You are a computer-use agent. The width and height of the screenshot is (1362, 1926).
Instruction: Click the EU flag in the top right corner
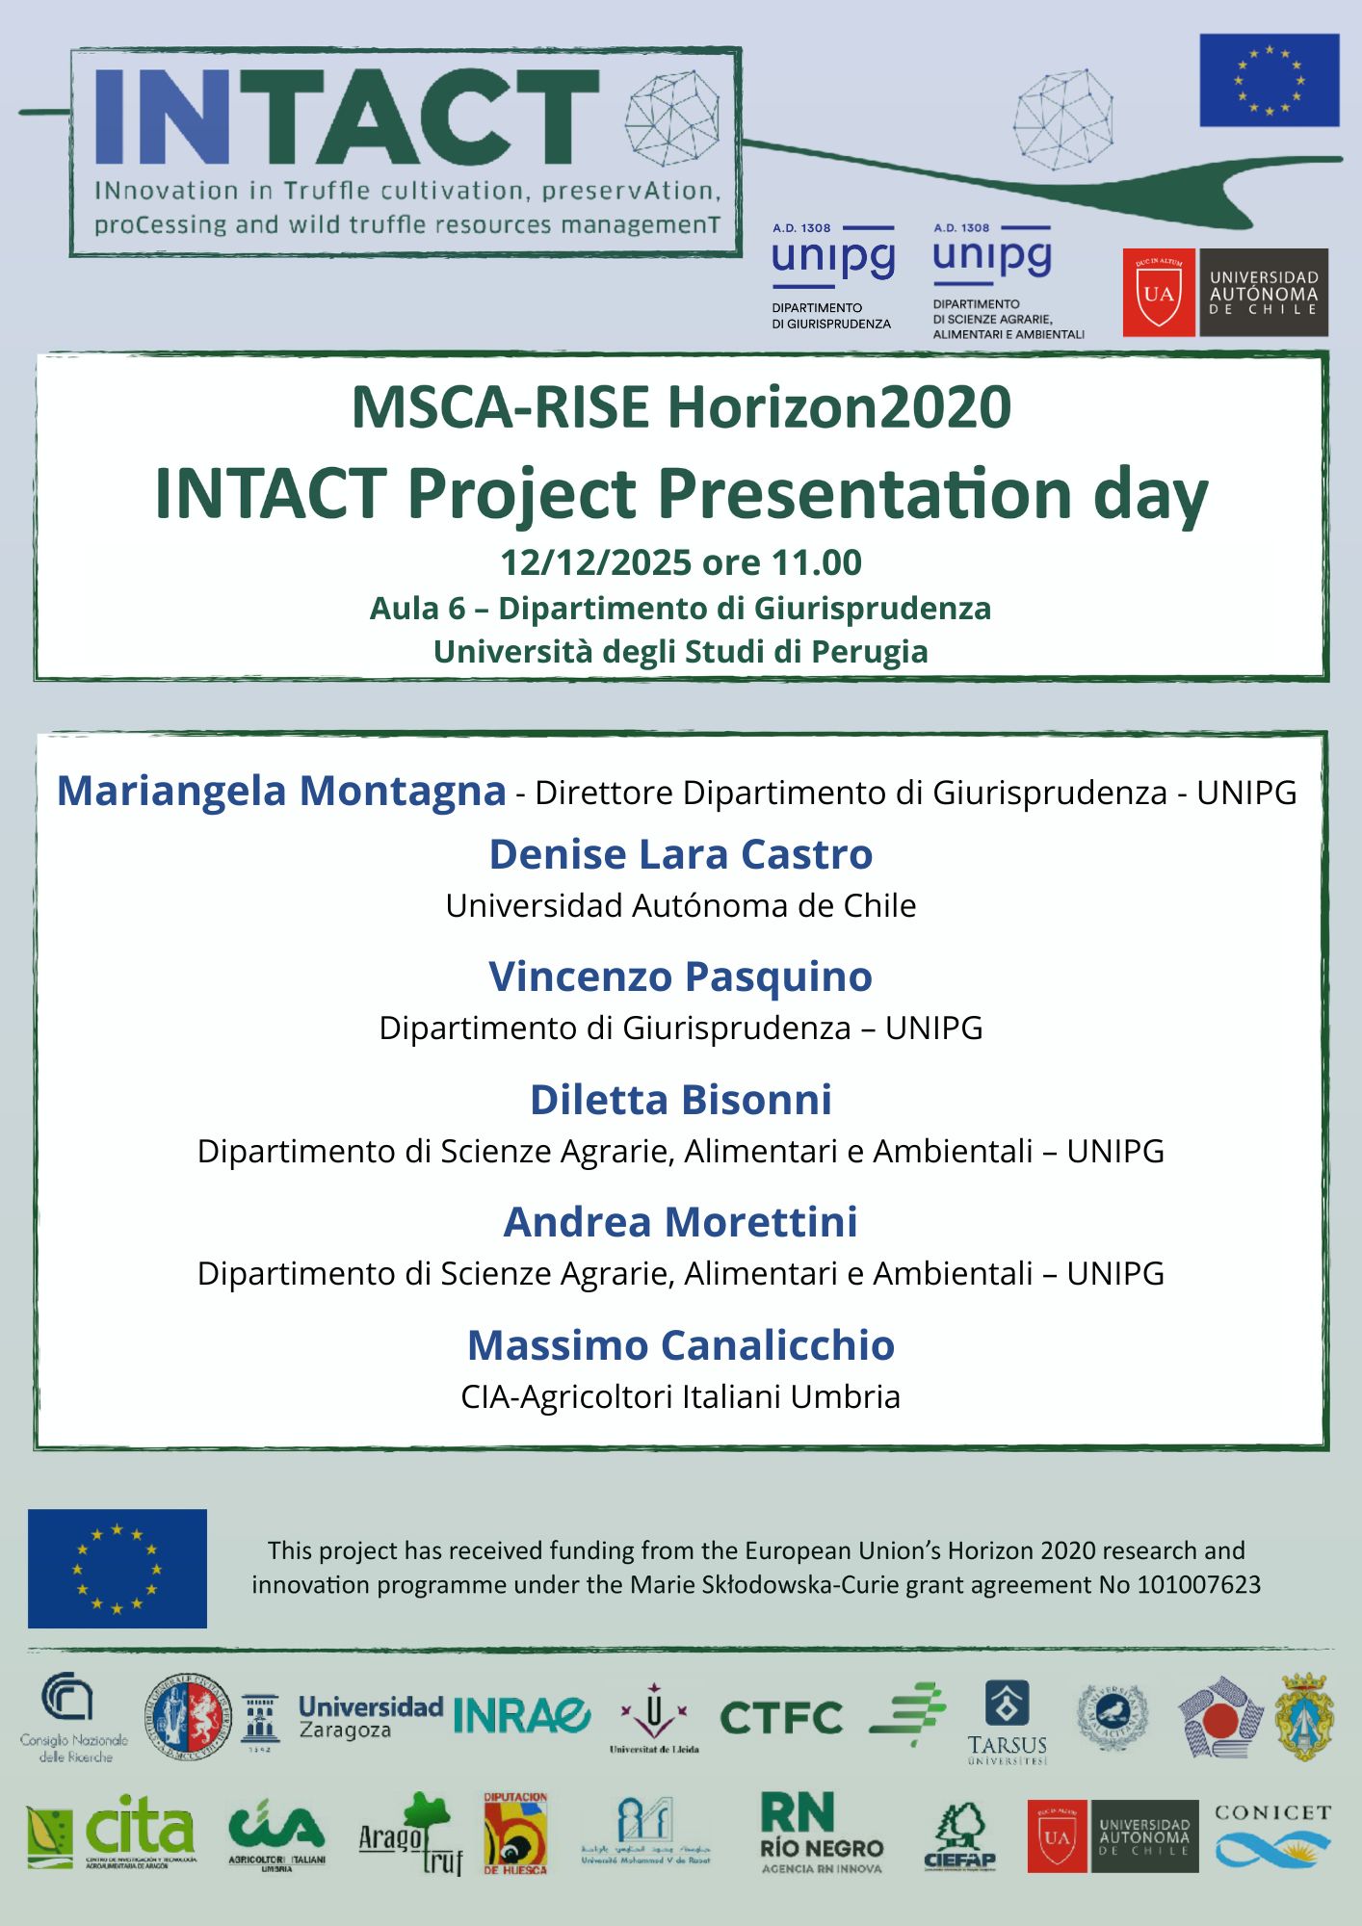point(1269,80)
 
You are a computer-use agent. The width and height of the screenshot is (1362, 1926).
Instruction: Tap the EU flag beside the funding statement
point(117,1568)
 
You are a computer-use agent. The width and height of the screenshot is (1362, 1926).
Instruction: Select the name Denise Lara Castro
point(681,854)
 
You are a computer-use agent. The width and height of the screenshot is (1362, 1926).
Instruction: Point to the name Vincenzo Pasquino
point(681,976)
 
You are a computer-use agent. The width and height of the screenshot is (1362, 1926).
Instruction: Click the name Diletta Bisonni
point(681,1100)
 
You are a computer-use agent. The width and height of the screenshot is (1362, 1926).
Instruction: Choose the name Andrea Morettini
point(681,1222)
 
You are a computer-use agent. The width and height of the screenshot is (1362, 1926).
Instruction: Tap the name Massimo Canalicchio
point(681,1345)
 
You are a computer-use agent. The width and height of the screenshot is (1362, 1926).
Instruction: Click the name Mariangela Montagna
point(281,791)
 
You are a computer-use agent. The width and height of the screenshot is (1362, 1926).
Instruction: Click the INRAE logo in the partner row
point(521,1715)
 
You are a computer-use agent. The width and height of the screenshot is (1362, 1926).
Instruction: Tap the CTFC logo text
point(781,1718)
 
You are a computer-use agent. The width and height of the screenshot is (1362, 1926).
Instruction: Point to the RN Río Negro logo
point(822,1832)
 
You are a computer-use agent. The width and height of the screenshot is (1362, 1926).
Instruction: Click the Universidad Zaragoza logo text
point(370,1717)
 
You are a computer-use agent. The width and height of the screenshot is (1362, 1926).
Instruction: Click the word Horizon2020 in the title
point(839,407)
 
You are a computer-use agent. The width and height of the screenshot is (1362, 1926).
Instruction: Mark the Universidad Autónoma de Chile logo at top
point(1225,293)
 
